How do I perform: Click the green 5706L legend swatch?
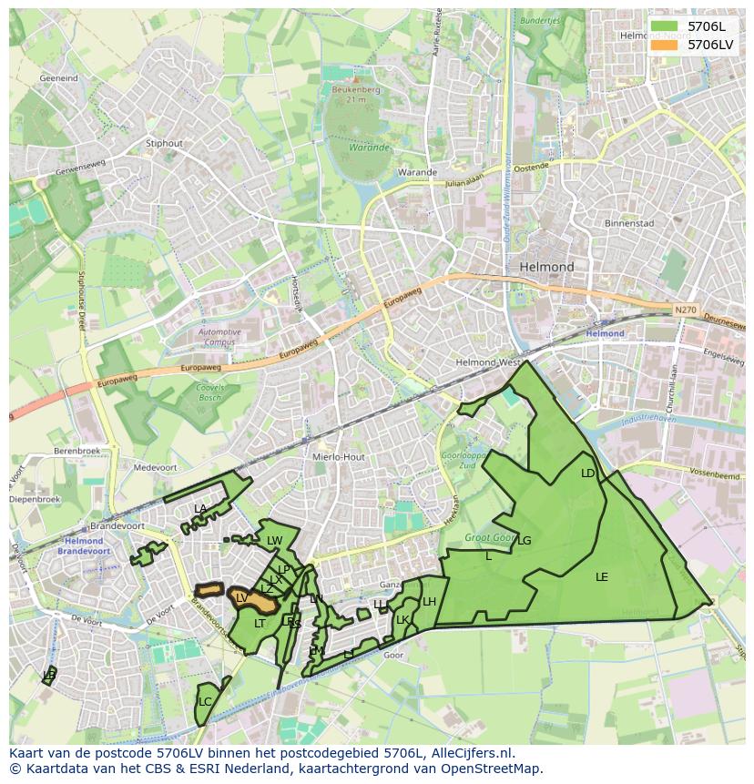pyautogui.click(x=665, y=26)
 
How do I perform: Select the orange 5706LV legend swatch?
pyautogui.click(x=665, y=44)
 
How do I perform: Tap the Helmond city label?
pyautogui.click(x=546, y=267)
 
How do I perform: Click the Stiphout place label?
pyautogui.click(x=165, y=143)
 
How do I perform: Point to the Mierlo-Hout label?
pyautogui.click(x=338, y=457)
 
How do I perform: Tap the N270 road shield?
pyautogui.click(x=686, y=311)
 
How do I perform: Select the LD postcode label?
pyautogui.click(x=587, y=473)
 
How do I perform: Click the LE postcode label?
pyautogui.click(x=601, y=577)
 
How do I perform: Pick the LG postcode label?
pyautogui.click(x=524, y=541)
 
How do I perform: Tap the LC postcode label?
pyautogui.click(x=205, y=702)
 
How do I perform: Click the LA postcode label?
pyautogui.click(x=200, y=509)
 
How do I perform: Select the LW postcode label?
pyautogui.click(x=274, y=541)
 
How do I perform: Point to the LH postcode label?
pyautogui.click(x=429, y=602)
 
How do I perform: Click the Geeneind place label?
pyautogui.click(x=59, y=79)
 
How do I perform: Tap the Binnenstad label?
pyautogui.click(x=629, y=223)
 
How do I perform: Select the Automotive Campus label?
pyautogui.click(x=219, y=337)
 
